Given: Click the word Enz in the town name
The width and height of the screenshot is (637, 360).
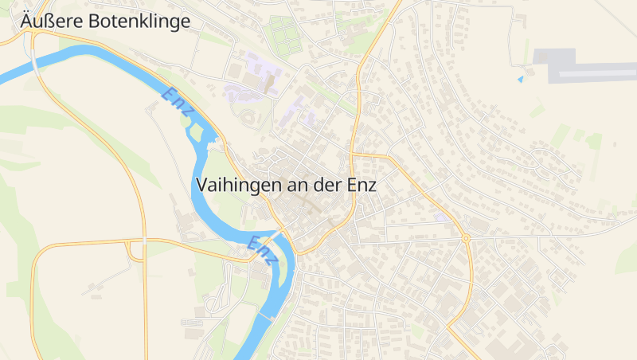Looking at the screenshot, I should (x=361, y=185).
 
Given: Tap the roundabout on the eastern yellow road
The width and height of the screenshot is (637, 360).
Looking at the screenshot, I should (x=466, y=237).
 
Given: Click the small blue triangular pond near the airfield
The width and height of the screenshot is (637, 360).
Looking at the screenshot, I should (x=521, y=79).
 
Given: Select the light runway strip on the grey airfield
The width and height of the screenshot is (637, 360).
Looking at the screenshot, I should (x=597, y=75).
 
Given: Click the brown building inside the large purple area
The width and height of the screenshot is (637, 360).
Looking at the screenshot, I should (x=270, y=81).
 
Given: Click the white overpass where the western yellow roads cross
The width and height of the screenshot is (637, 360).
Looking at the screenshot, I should (x=144, y=239).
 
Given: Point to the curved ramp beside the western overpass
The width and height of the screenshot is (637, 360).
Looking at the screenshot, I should (x=132, y=250).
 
